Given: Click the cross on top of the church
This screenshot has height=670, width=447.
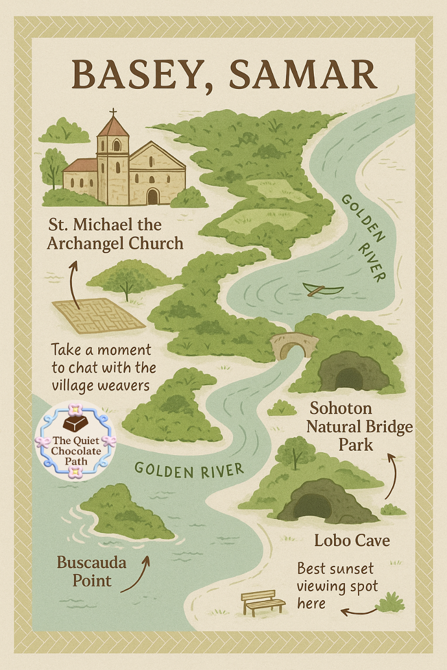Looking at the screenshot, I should click(113, 113).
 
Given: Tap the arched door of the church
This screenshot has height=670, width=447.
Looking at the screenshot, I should click(153, 196).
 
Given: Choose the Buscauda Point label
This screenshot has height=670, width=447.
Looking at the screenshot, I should click(92, 571).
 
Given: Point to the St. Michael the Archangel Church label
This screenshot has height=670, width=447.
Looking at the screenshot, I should click(115, 234).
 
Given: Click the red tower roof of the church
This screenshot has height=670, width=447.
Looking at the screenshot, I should click(113, 128).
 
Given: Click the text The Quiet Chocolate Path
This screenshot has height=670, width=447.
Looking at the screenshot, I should click(76, 451).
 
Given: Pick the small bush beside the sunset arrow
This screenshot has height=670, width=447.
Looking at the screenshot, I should click(390, 602).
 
